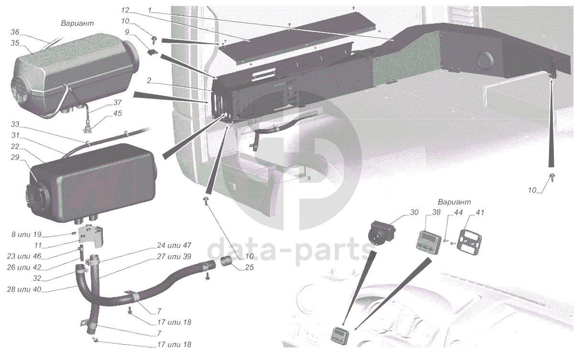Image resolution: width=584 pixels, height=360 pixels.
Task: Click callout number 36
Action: click(x=15, y=33)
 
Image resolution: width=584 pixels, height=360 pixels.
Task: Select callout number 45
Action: click(x=117, y=113)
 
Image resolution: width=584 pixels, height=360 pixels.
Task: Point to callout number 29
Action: click(x=15, y=157)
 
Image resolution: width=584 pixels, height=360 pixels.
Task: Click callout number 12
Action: click(x=125, y=10)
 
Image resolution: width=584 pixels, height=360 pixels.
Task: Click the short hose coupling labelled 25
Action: click(x=226, y=262)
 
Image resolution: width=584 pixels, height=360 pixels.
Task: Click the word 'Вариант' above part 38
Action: click(x=454, y=202)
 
